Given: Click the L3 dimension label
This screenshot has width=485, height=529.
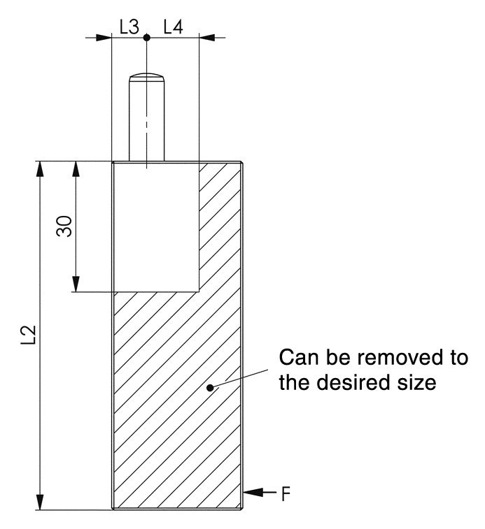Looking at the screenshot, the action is [129, 27].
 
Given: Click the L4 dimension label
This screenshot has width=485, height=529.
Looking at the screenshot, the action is [173, 27].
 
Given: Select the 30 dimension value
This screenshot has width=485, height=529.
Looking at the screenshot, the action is [64, 226].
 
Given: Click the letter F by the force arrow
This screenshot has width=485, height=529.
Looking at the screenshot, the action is [286, 494].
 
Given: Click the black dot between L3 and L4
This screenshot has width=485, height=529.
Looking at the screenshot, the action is [147, 37].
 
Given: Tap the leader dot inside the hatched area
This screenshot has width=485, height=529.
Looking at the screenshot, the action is [210, 388].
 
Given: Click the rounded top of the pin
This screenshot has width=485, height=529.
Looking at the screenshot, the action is [147, 76].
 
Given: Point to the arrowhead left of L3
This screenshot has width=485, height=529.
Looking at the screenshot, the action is [104, 37].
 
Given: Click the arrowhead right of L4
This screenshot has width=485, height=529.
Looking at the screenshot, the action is [207, 37].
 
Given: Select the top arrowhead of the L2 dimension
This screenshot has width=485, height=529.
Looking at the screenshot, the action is [40, 168].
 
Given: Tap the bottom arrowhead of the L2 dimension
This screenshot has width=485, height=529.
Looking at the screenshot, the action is [40, 502].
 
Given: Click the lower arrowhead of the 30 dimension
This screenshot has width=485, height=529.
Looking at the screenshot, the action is [76, 284].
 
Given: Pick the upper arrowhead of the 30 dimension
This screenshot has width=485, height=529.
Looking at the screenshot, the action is [76, 168].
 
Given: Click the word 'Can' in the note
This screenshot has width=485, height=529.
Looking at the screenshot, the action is [299, 357].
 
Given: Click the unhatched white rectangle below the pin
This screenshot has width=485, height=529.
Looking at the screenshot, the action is [156, 227].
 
